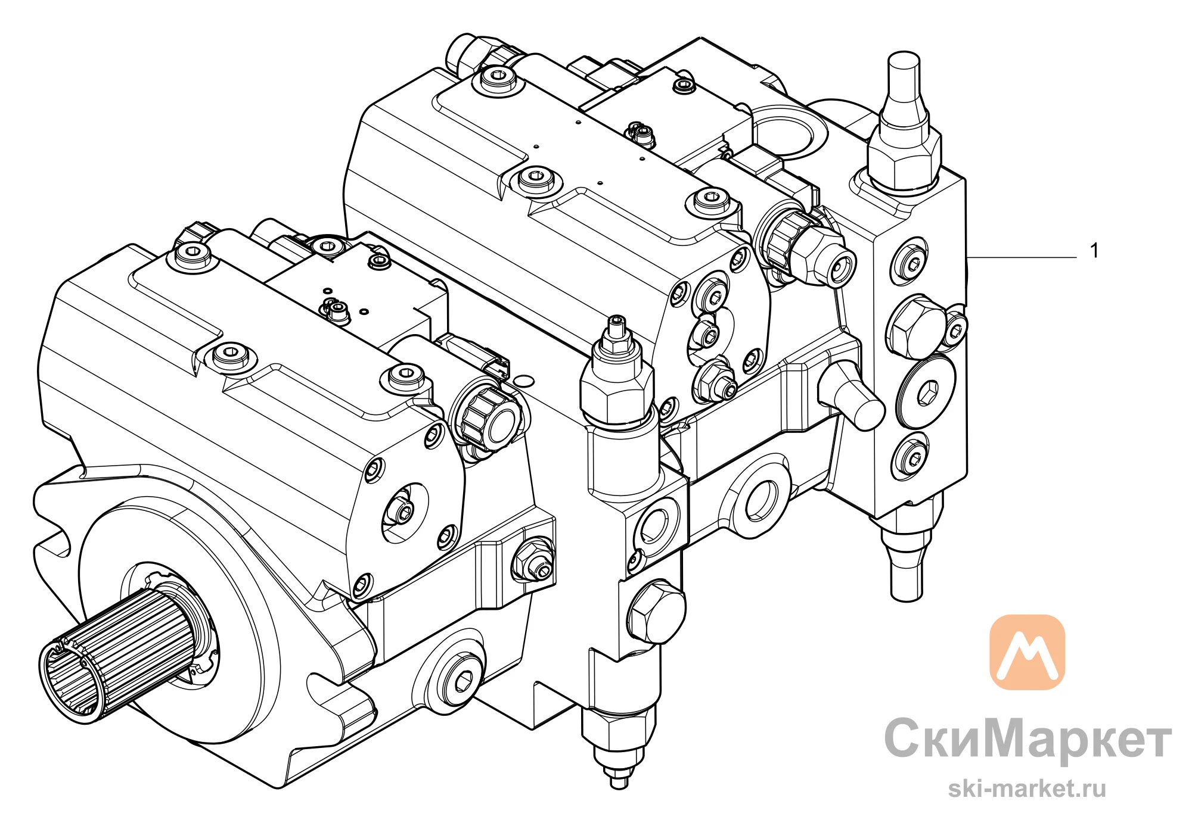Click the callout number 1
[1094, 251]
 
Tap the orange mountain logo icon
[1027, 652]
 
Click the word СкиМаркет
[1028, 738]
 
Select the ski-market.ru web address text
[1027, 788]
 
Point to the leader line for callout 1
[1022, 257]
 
